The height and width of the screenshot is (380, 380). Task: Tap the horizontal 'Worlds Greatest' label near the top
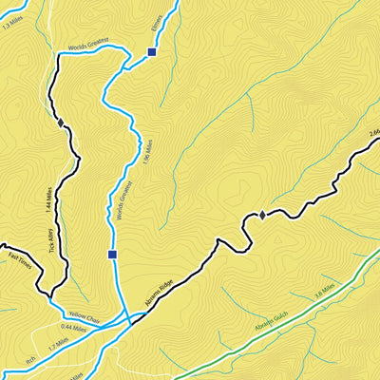coord(89,43)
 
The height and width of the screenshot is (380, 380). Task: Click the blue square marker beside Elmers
coord(152,53)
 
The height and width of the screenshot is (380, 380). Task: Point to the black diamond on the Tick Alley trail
coord(61,123)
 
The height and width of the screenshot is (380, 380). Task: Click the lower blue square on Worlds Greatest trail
coord(113,255)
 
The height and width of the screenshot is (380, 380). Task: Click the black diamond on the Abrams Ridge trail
coord(263,216)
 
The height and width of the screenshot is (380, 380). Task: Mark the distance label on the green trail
coord(325,289)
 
